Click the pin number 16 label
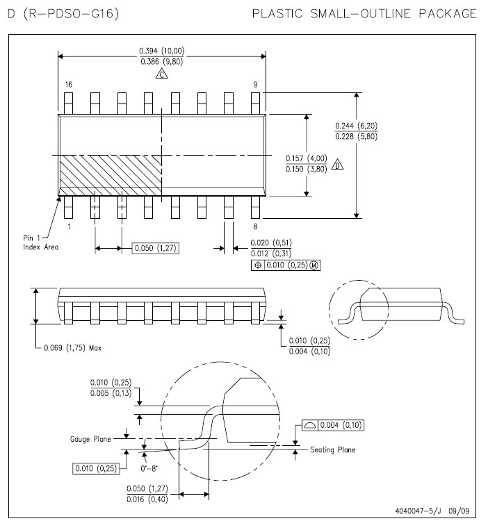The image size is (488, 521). coord(69,84)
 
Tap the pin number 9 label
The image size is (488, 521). coord(255,84)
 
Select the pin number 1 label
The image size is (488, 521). coord(69,226)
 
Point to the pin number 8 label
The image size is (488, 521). coord(255,226)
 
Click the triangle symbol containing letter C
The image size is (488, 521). coord(161,74)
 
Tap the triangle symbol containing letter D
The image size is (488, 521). coord(337,165)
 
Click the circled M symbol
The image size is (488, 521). coord(314,265)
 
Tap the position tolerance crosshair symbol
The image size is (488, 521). coord(258,265)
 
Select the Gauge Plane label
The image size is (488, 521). coord(90,439)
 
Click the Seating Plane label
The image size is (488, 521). coord(333,450)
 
